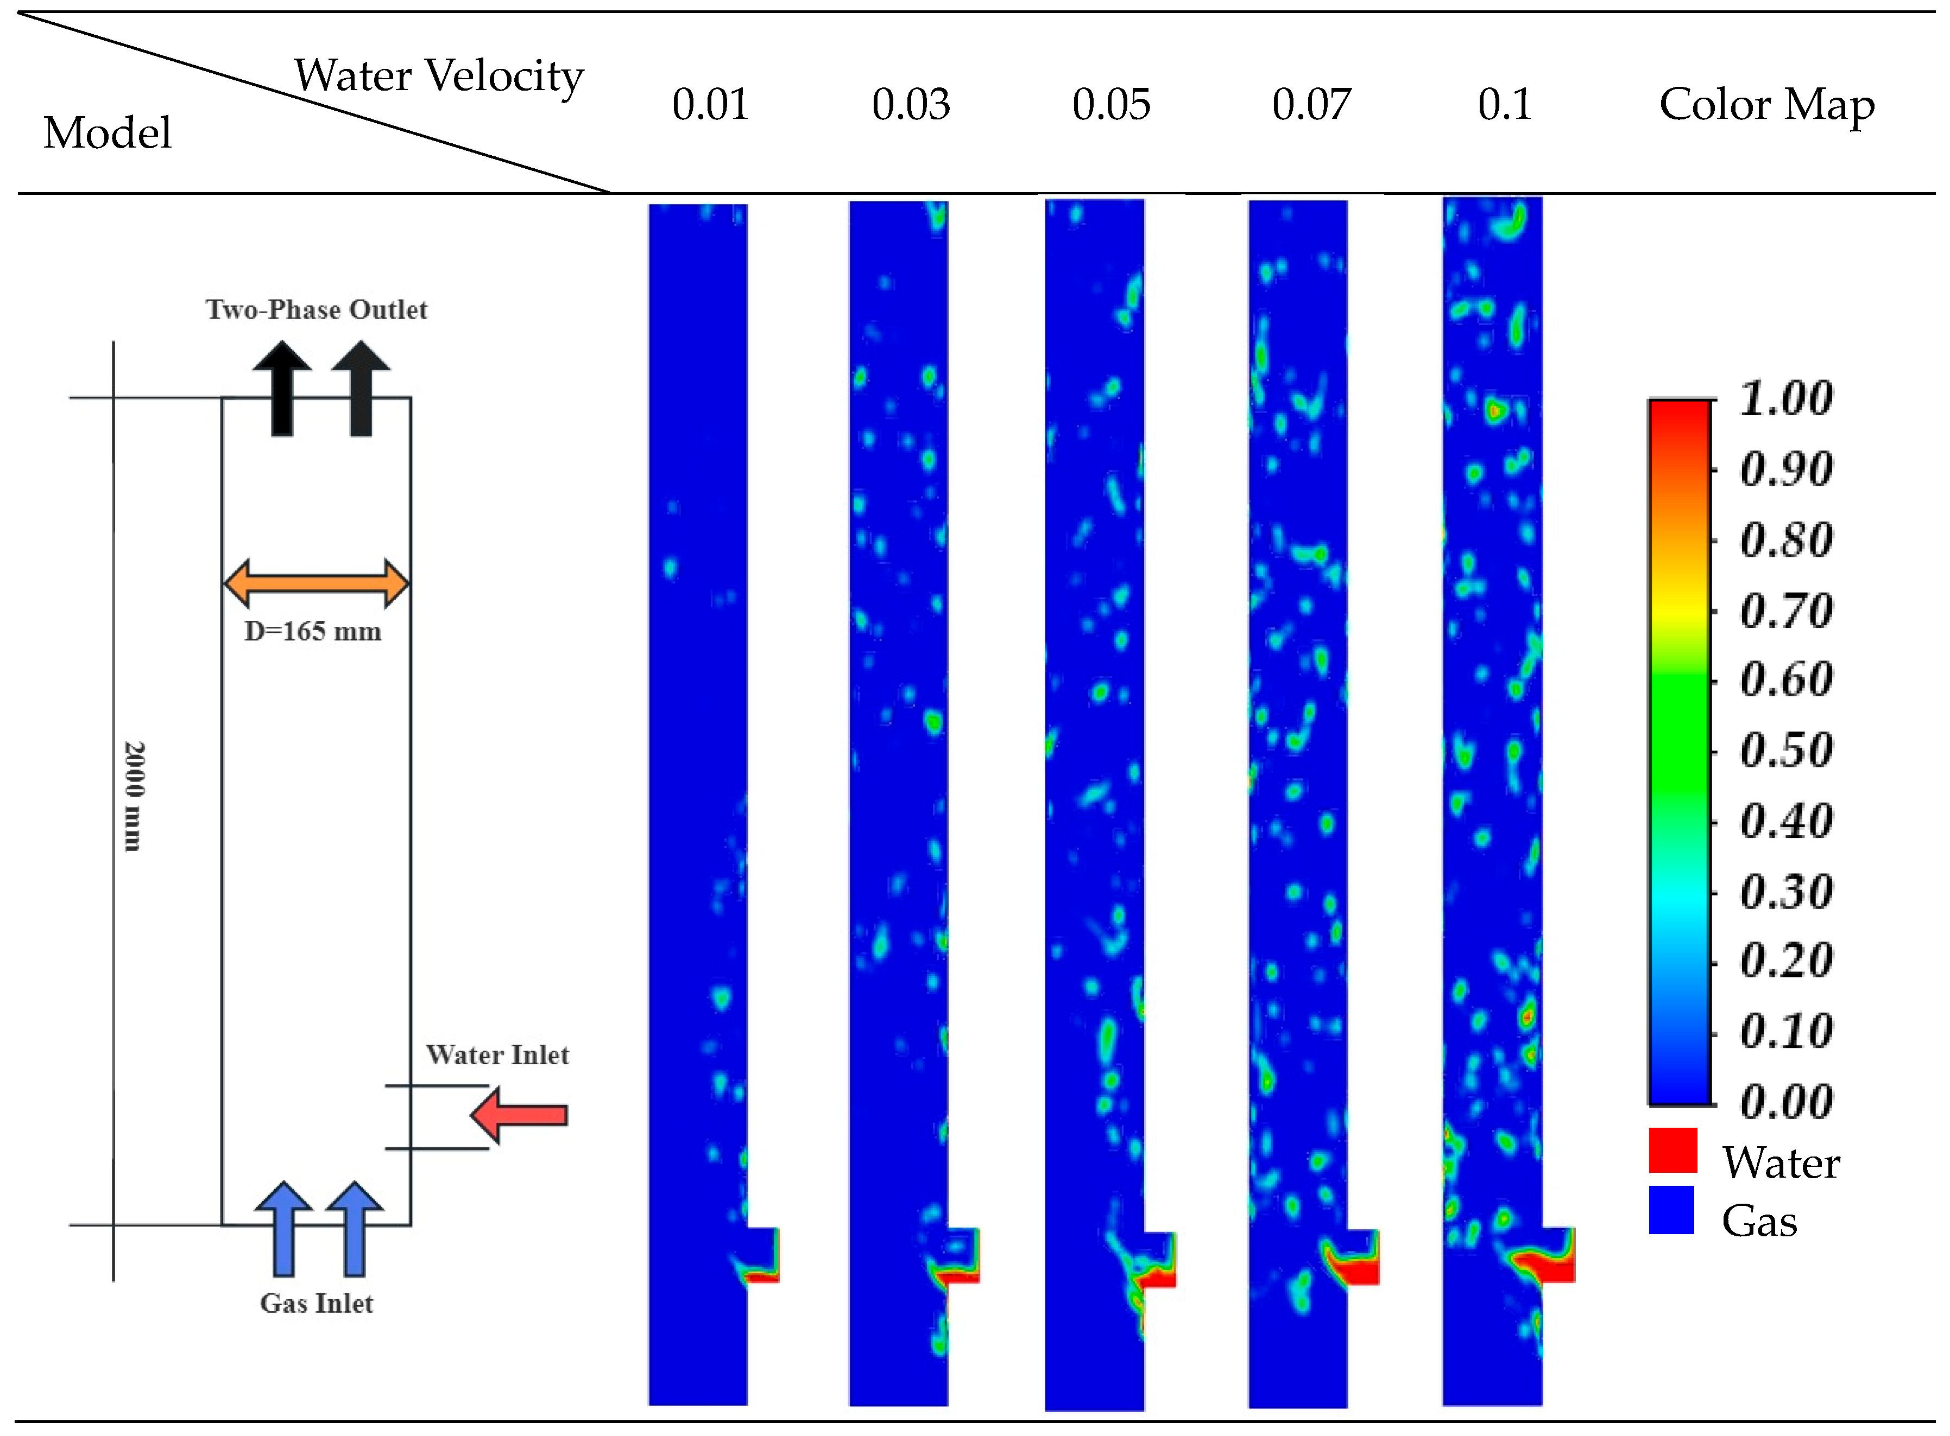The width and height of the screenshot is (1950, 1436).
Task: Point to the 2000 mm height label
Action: (x=133, y=796)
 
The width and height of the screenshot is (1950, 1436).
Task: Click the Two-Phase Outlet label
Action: (x=317, y=310)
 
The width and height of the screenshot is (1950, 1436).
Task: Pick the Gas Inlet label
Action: (x=317, y=1303)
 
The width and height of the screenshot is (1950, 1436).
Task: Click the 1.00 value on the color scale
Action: (x=1785, y=399)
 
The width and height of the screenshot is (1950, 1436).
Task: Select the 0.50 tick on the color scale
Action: (x=1785, y=750)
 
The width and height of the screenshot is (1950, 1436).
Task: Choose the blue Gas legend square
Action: (x=1671, y=1210)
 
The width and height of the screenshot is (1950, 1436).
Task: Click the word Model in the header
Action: (x=108, y=133)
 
